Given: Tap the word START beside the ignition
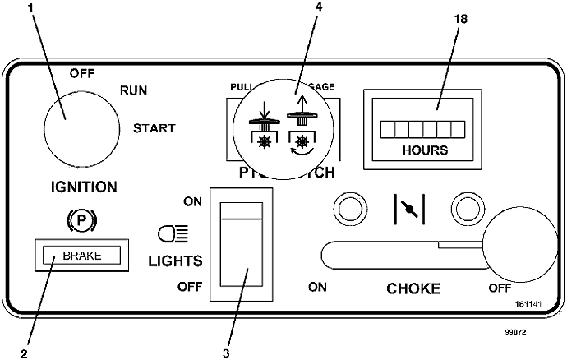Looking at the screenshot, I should pos(154,128).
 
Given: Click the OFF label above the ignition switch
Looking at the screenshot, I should pos(83,73).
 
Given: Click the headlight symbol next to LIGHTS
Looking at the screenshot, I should pos(170,236).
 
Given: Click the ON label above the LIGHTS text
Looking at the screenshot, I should pos(192,201).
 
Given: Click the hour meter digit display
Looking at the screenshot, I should pos(426,129).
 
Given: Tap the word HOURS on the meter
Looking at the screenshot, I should pos(426,150).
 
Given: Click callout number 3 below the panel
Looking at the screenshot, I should pos(225,354).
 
